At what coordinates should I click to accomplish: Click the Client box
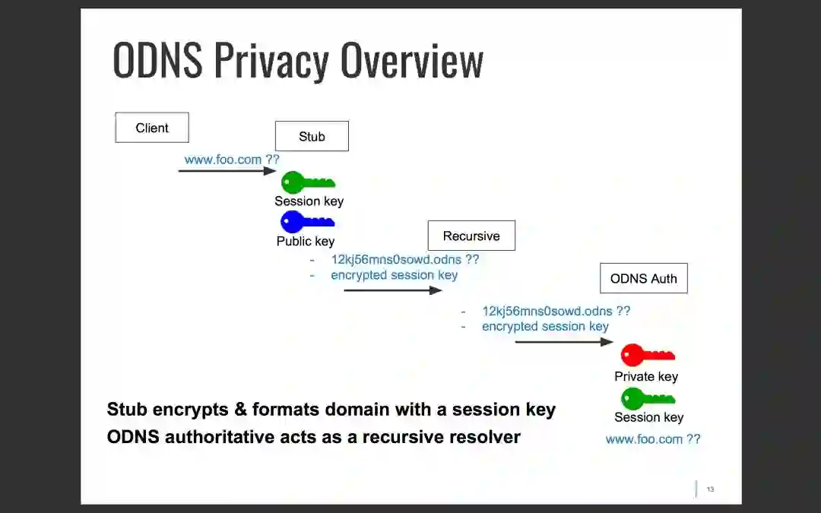point(152,128)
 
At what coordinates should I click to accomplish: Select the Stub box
point(312,136)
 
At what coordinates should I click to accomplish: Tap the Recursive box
point(471,236)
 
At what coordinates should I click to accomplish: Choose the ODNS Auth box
point(643,278)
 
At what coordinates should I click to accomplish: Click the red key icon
point(647,355)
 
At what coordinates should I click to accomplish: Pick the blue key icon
point(307,222)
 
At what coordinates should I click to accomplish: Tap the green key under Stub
point(308,182)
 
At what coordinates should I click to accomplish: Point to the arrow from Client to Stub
point(227,171)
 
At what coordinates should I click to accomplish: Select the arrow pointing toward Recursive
point(392,290)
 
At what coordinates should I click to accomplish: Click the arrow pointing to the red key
point(563,342)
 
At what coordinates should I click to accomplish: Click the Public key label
point(306,241)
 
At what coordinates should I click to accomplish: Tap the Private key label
point(646,376)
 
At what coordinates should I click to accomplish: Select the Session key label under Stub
point(309,201)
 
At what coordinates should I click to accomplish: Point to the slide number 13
point(710,489)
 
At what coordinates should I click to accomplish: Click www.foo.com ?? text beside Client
point(232,160)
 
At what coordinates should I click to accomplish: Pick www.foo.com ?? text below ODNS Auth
point(653,439)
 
